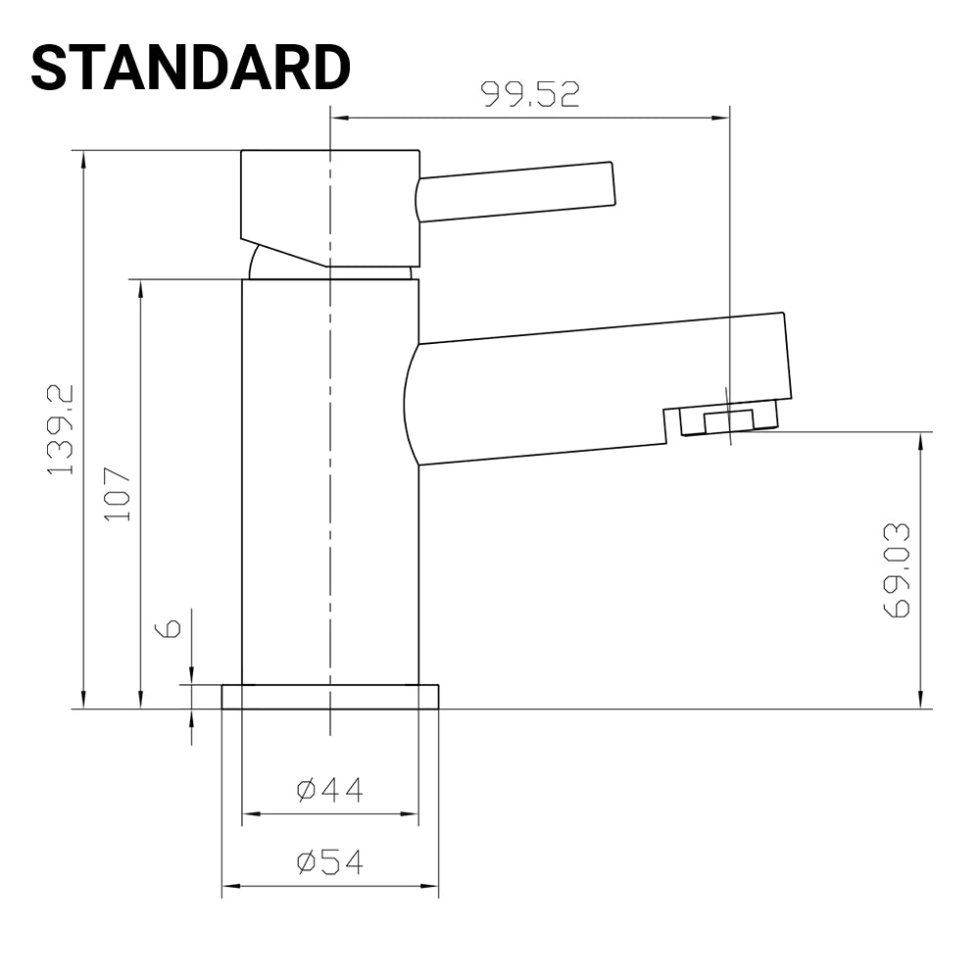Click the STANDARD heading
(190, 69)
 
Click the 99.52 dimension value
(530, 94)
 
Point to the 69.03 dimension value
(897, 570)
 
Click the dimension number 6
(170, 628)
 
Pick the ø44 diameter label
(330, 789)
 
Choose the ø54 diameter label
(330, 862)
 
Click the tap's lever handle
(517, 191)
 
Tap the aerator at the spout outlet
(729, 420)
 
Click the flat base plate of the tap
(330, 697)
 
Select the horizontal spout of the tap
(598, 387)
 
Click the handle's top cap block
(330, 206)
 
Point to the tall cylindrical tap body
(330, 480)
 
